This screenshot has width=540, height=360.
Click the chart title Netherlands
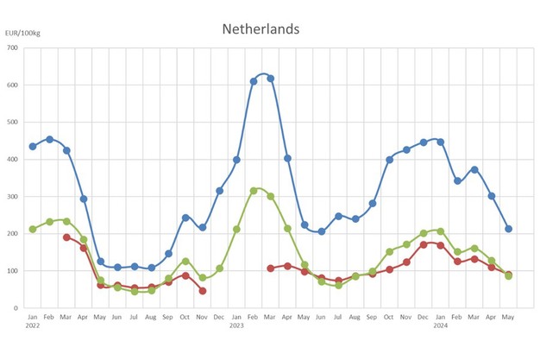tap(261, 28)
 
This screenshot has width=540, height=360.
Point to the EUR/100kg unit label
tap(23, 33)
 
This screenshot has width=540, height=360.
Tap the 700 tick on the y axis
tap(13, 47)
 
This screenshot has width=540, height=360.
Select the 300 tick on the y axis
tap(13, 196)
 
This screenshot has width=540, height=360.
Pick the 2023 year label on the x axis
tap(235, 325)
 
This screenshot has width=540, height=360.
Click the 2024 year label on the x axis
tap(440, 325)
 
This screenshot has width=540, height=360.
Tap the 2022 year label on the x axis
tap(32, 325)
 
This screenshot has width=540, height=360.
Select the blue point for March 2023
tap(271, 79)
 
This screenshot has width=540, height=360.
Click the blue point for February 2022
tap(50, 139)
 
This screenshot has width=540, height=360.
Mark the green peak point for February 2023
tap(254, 191)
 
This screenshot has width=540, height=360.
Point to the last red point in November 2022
tap(203, 291)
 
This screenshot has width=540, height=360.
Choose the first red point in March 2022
tap(66, 237)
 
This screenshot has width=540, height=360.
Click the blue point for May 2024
tap(508, 229)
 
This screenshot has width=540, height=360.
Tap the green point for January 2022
tap(33, 229)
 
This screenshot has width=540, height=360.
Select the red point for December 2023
tap(423, 244)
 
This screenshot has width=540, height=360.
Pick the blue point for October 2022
tap(185, 218)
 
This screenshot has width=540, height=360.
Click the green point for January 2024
tap(440, 231)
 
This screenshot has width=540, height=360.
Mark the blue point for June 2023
tap(321, 231)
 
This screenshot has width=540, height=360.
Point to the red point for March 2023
tap(271, 268)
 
